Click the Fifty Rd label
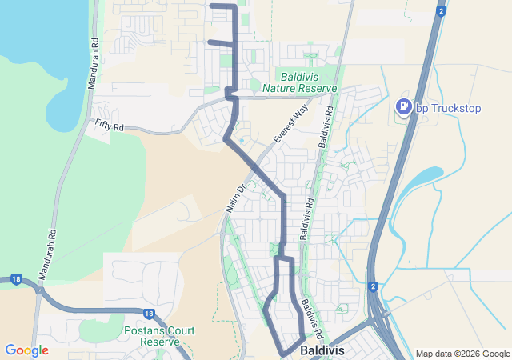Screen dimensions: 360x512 click(x=110, y=125)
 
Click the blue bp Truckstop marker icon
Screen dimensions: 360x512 click(x=405, y=106)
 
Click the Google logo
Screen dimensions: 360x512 click(x=26, y=350)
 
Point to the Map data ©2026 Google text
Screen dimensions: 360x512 click(x=462, y=354)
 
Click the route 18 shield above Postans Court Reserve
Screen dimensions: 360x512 click(x=149, y=314)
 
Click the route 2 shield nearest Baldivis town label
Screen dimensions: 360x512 click(x=373, y=286)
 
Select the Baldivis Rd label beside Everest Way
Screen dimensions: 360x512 click(x=326, y=125)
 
